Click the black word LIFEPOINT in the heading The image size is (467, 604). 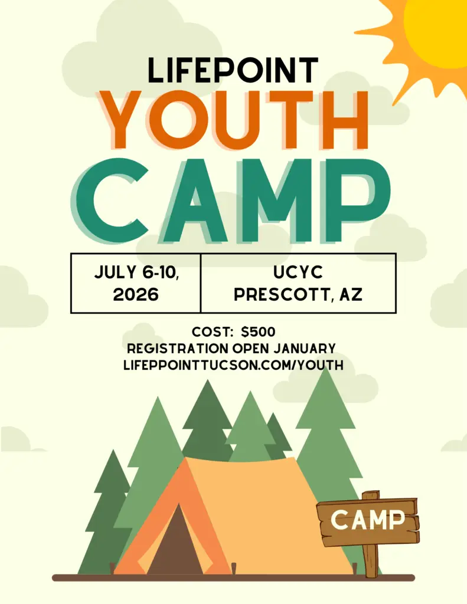click(233, 70)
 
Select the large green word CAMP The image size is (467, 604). click(230, 201)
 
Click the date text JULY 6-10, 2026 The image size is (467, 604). click(136, 283)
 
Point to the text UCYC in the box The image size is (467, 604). click(298, 272)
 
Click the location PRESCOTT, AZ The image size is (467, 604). click(298, 295)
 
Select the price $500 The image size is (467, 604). click(258, 331)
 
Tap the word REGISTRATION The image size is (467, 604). click(177, 348)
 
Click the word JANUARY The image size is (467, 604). click(305, 348)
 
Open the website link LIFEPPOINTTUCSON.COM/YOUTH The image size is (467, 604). click(233, 365)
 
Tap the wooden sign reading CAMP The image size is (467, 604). click(368, 520)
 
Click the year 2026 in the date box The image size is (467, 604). click(136, 295)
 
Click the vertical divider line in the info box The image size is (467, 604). click(201, 283)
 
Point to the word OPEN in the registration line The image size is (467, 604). click(251, 348)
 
